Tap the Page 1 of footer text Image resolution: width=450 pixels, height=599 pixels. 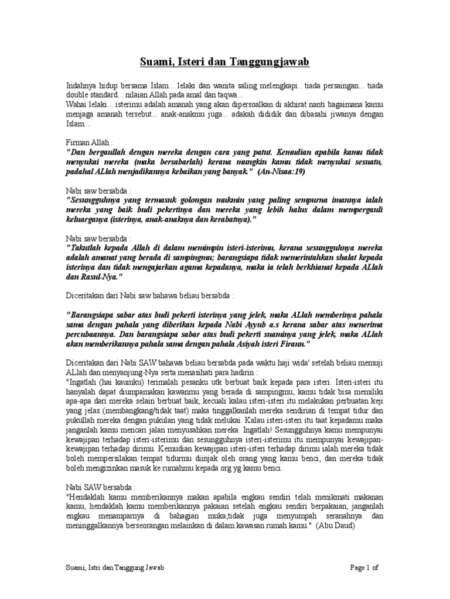click(x=364, y=567)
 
